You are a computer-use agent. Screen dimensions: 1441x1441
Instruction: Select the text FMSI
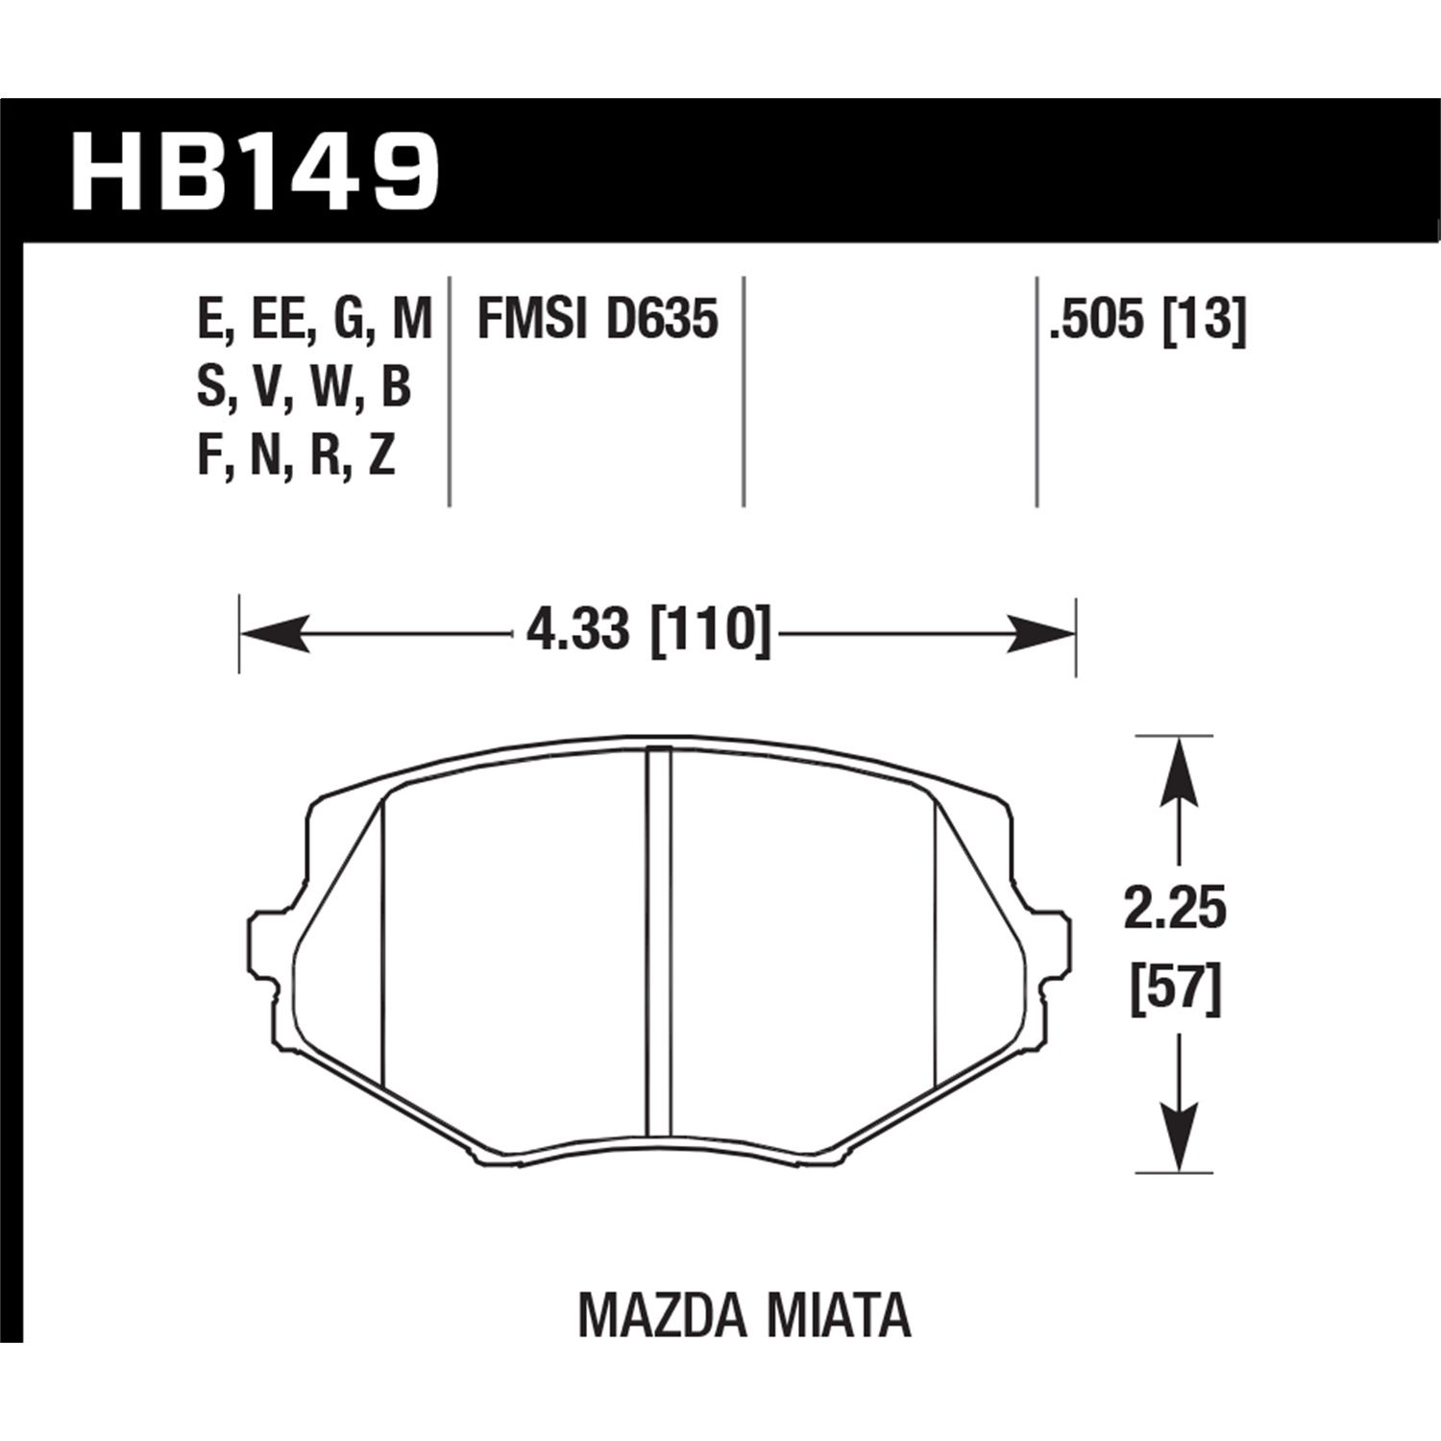(531, 319)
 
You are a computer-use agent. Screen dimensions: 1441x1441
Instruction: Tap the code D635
(662, 319)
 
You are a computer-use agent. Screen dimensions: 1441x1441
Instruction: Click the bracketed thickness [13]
(1205, 319)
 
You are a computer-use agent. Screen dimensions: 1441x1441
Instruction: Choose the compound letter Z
(381, 457)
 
